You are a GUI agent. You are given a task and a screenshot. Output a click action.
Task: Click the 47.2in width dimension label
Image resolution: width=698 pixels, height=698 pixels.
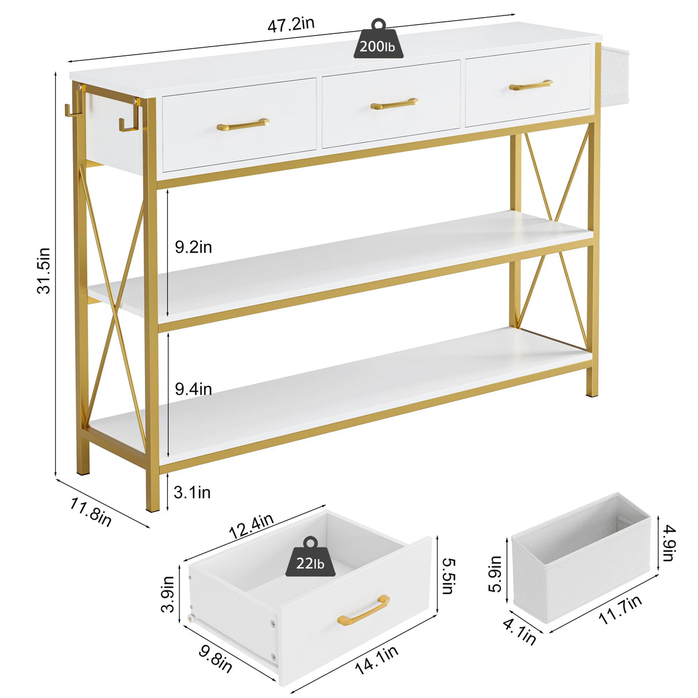coord(290,24)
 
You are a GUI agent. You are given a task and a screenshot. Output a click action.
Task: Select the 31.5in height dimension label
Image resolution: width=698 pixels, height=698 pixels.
coord(44,270)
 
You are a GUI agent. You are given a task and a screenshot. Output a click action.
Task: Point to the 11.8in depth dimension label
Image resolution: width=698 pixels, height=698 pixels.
coord(90,511)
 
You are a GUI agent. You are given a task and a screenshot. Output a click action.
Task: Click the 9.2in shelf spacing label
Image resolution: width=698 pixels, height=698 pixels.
coord(193,247)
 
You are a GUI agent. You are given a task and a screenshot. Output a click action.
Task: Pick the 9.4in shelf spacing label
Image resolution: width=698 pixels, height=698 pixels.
coord(193,389)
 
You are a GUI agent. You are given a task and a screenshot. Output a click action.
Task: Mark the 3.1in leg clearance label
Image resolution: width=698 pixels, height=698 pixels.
coord(192,492)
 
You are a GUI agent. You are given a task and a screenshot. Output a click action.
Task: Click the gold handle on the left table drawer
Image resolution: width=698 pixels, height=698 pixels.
coord(243,124)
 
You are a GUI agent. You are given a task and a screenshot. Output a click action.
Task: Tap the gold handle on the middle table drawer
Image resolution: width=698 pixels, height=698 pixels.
coord(394,104)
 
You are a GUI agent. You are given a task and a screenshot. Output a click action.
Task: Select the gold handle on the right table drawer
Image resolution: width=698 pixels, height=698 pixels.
coord(531,85)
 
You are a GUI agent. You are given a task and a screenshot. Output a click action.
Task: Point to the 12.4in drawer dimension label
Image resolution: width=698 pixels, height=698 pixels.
coord(251,527)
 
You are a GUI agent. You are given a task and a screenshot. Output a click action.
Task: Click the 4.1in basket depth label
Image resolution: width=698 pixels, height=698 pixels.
coord(520,631)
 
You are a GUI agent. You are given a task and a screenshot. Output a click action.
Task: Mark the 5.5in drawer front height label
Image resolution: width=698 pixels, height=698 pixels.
coord(448,576)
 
